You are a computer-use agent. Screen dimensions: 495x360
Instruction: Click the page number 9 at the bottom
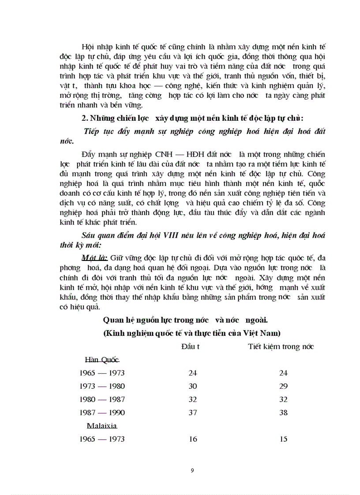point(192,470)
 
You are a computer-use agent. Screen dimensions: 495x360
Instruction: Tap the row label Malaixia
point(101,426)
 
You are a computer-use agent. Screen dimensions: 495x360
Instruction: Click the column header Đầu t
point(191,346)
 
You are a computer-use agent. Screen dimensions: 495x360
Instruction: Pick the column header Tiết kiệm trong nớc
point(281,346)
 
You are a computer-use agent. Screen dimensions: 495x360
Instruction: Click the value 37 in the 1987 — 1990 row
point(192,413)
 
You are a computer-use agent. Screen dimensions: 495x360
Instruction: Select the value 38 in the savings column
point(283,413)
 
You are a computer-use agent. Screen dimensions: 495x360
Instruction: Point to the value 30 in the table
point(192,386)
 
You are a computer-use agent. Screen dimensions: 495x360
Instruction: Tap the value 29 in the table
point(283,386)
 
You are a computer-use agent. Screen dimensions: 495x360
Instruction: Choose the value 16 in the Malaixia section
point(192,439)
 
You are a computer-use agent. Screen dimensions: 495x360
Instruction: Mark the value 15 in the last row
point(283,439)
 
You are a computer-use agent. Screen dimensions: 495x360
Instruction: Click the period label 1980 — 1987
point(102,399)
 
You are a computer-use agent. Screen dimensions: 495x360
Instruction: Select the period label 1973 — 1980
point(102,386)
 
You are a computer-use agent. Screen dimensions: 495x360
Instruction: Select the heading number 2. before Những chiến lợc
point(85,119)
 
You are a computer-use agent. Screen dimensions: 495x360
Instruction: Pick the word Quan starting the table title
point(112,320)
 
